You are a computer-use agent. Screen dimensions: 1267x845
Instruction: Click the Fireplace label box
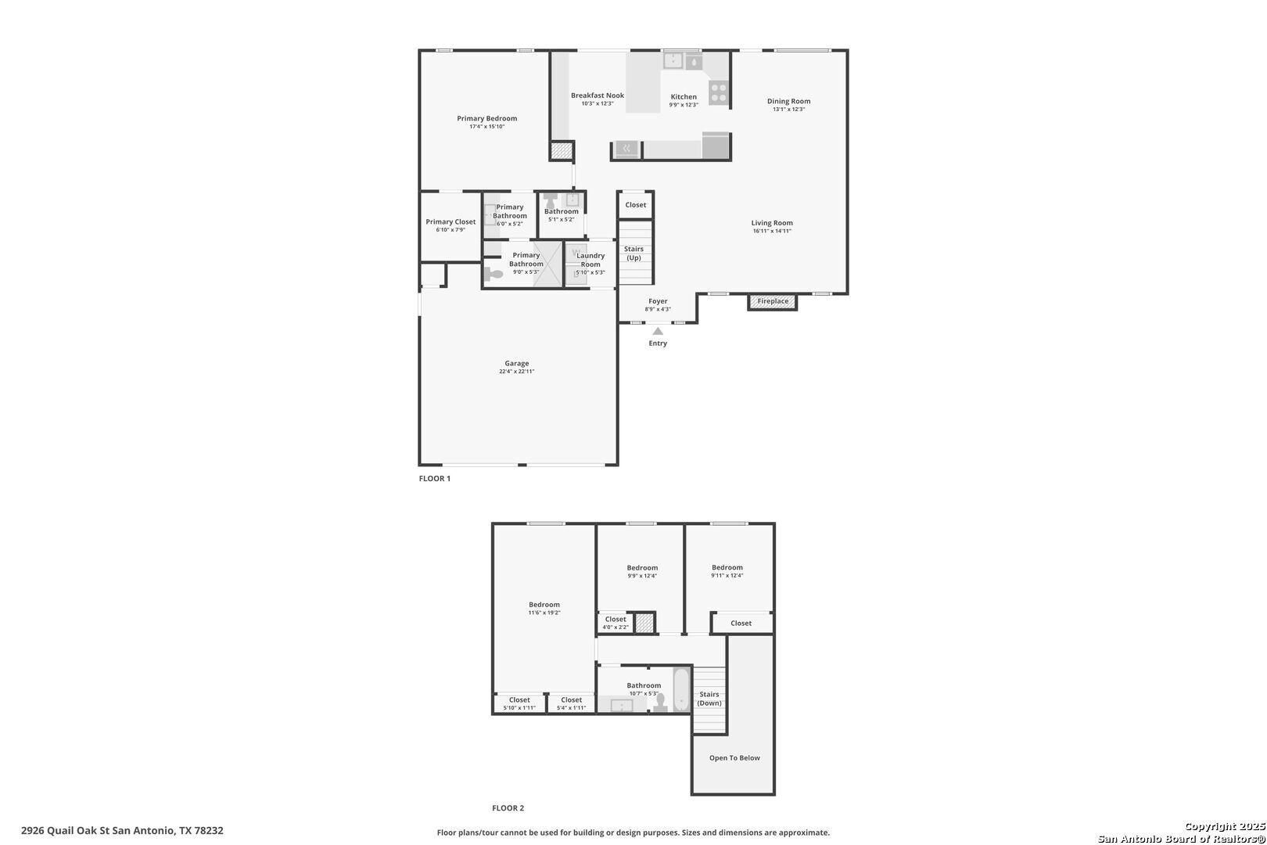click(x=772, y=302)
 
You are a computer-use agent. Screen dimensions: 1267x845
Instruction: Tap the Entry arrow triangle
click(x=658, y=331)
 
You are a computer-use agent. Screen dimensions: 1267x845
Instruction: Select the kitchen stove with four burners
click(x=718, y=93)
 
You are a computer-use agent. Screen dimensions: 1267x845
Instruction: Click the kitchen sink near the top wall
click(x=673, y=60)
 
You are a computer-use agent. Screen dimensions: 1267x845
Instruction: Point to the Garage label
click(x=516, y=363)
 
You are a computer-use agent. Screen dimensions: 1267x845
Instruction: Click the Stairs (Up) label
click(x=633, y=253)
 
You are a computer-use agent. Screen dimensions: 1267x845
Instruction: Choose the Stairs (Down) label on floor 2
click(x=709, y=699)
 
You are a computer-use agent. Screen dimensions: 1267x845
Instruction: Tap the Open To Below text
click(x=734, y=758)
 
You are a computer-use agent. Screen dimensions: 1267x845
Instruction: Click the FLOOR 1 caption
click(x=434, y=478)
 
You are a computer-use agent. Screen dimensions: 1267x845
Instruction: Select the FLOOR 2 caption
click(x=508, y=807)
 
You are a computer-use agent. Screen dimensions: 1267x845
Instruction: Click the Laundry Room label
click(x=590, y=260)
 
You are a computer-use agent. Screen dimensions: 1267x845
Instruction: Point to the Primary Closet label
click(x=450, y=222)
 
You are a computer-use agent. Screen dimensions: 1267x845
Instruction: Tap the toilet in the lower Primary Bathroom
click(x=494, y=275)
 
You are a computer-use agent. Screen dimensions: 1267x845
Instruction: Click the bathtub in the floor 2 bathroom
click(x=681, y=689)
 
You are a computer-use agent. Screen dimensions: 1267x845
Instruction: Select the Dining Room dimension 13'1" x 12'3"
click(x=788, y=110)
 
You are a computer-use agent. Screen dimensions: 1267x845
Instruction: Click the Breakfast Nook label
click(x=598, y=95)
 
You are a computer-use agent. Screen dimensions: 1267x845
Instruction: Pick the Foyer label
click(x=658, y=301)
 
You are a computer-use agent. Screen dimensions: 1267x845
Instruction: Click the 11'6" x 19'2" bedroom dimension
click(x=544, y=613)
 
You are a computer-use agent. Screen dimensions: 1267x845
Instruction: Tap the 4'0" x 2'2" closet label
click(x=616, y=627)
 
